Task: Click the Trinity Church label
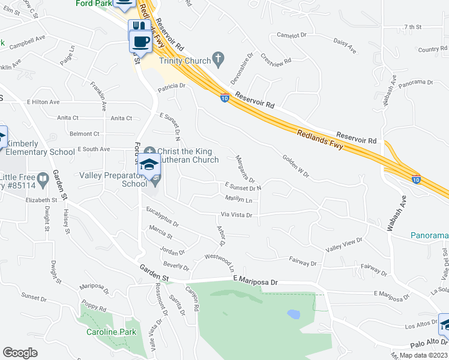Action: click(x=185, y=61)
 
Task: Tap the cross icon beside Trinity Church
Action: click(x=219, y=59)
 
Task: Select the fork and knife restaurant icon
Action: click(x=139, y=27)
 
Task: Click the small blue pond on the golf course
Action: click(x=294, y=314)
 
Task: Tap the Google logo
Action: click(x=20, y=353)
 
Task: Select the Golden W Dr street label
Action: click(x=295, y=166)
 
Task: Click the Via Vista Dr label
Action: click(x=236, y=214)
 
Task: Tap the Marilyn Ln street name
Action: click(x=238, y=198)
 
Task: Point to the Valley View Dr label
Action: click(x=343, y=244)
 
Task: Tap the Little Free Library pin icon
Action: click(x=43, y=179)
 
